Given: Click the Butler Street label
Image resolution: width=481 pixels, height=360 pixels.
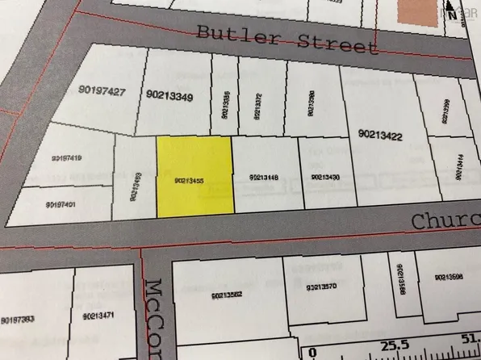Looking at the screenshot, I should [x=287, y=40].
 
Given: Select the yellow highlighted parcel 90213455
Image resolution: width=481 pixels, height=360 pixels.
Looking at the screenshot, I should [x=194, y=176].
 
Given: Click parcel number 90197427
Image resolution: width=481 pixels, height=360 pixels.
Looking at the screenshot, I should [x=103, y=92].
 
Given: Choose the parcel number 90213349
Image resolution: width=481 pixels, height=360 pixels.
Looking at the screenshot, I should [x=169, y=94].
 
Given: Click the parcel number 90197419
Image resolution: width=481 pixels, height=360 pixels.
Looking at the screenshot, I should [x=65, y=158].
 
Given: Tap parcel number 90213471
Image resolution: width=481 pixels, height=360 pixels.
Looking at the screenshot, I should [x=99, y=315].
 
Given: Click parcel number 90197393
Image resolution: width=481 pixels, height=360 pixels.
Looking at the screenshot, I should [x=17, y=320].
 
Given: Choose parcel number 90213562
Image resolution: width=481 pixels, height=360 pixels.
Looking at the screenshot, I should [x=228, y=295].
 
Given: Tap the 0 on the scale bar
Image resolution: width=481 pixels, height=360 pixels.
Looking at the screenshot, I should [x=312, y=352].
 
